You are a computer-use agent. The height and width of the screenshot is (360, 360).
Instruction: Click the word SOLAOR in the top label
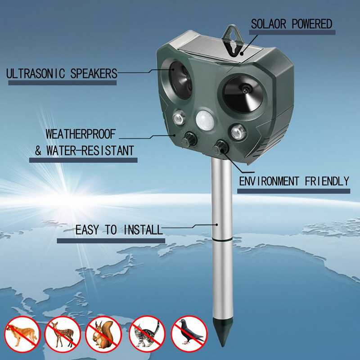coord(268,24)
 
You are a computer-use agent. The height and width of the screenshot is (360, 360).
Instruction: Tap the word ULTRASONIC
coord(36,74)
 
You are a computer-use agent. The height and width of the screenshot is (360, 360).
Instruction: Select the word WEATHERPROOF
coord(81,134)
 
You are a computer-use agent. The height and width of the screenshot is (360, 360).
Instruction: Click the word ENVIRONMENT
coord(269,181)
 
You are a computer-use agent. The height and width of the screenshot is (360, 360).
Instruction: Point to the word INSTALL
coord(143,230)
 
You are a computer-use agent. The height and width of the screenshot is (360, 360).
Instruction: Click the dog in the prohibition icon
coord(22,335)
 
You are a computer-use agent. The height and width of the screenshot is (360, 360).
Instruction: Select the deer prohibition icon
coord(63,334)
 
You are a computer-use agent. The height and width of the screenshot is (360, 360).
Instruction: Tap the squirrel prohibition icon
coord(103,334)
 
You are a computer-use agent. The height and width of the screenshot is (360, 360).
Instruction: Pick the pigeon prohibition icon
coord(189,334)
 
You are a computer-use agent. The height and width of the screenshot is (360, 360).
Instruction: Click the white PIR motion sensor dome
coord(205,121)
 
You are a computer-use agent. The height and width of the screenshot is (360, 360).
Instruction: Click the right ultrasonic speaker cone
coord(243,94)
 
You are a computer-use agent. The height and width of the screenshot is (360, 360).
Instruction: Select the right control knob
coord(221,147)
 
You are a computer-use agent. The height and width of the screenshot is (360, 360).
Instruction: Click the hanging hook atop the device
coord(233,41)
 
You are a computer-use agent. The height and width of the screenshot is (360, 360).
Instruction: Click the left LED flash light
coord(179,118)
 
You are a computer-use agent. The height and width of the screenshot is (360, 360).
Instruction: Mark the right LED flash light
coord(238,132)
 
